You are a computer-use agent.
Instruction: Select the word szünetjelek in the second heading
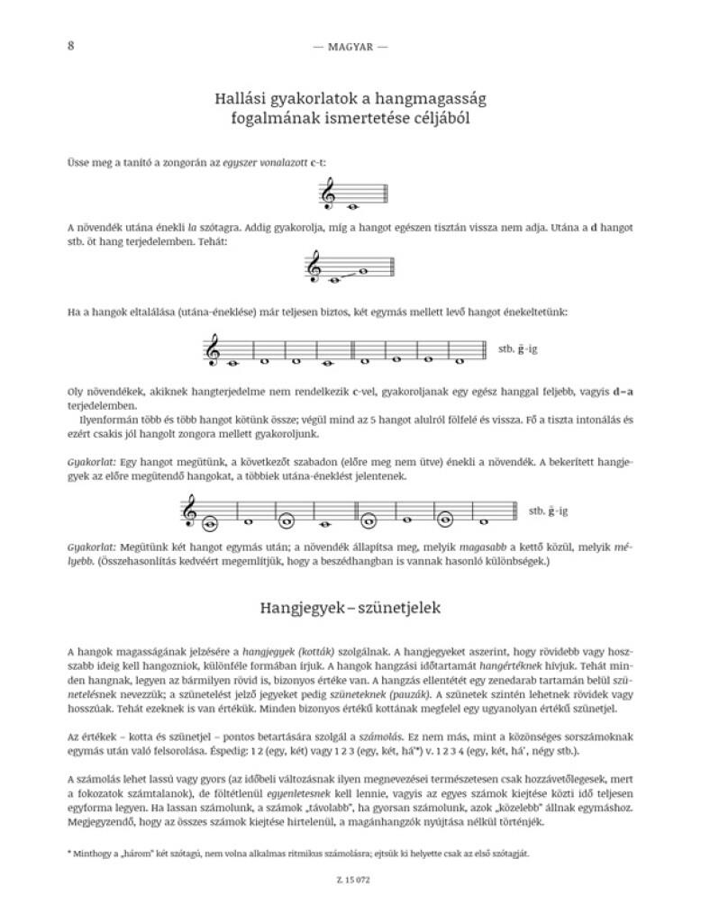click(x=397, y=609)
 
